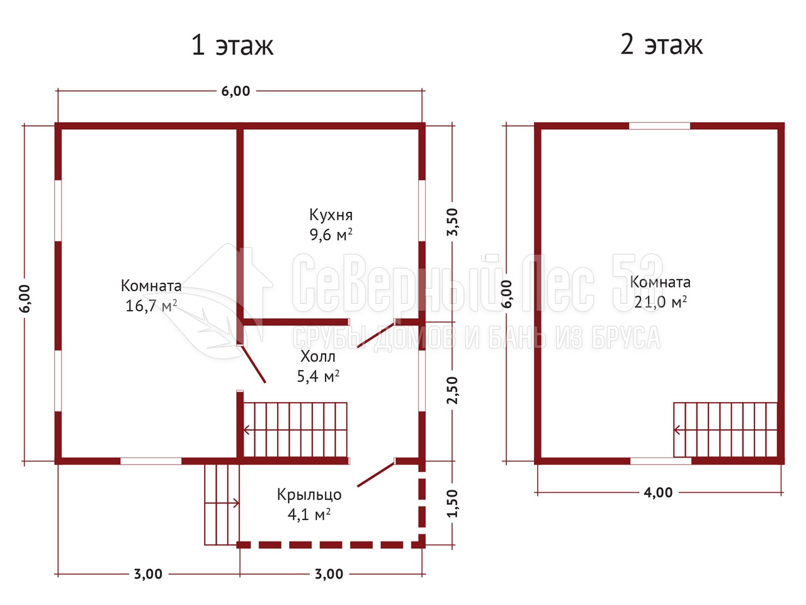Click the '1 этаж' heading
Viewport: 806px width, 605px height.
[232, 45]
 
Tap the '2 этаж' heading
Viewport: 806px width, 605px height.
[661, 45]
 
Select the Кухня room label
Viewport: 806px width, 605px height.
[331, 216]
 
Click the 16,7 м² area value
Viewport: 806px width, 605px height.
[151, 306]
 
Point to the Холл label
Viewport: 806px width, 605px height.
[318, 356]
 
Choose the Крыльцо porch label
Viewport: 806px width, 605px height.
[309, 495]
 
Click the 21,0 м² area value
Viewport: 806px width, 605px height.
[660, 302]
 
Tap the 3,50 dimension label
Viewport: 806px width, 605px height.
[453, 222]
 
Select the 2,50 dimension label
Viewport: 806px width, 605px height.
[453, 390]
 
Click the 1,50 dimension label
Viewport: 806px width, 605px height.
[453, 504]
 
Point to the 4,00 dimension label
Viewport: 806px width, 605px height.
[658, 493]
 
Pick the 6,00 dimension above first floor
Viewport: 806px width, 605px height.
[236, 91]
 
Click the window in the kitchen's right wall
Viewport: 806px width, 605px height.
[422, 210]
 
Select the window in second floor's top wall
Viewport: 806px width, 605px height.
[659, 126]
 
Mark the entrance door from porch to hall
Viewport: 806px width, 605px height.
[376, 474]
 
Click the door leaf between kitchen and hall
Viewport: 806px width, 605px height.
[376, 335]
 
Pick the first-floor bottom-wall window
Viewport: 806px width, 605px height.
[151, 461]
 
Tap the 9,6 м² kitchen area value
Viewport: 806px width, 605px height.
[331, 234]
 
